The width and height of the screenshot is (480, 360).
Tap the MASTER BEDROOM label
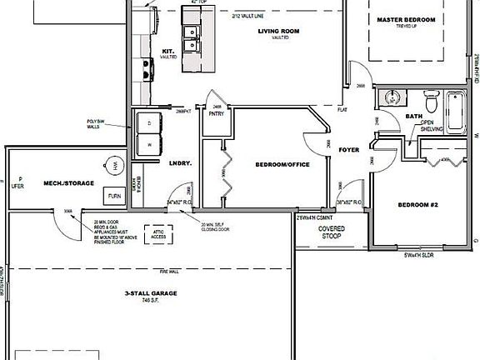point(407,19)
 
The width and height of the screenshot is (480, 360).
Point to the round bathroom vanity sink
point(391,100)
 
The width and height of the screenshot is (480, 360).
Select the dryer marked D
point(150,121)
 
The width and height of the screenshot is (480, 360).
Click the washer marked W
point(150,142)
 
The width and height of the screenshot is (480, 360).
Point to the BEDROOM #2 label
point(418,204)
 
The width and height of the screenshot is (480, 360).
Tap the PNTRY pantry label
point(216,115)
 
